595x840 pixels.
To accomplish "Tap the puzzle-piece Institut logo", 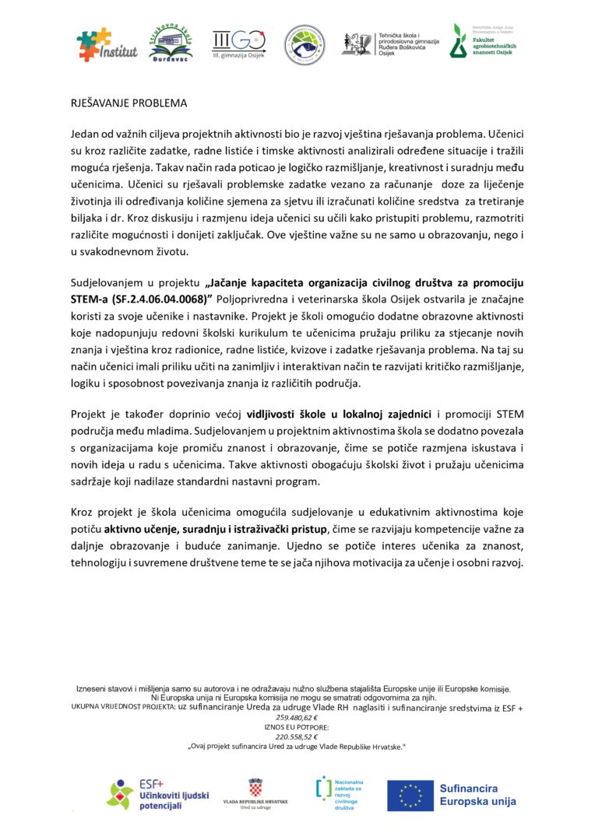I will coord(107,45).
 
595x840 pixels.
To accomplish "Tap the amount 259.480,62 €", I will coord(297,717).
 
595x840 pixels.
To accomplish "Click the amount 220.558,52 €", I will coord(297,736).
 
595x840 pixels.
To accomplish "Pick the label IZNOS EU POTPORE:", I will coord(297,726).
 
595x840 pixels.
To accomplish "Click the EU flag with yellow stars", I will coord(410,795).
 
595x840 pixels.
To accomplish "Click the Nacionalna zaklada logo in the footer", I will coord(337,794).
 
